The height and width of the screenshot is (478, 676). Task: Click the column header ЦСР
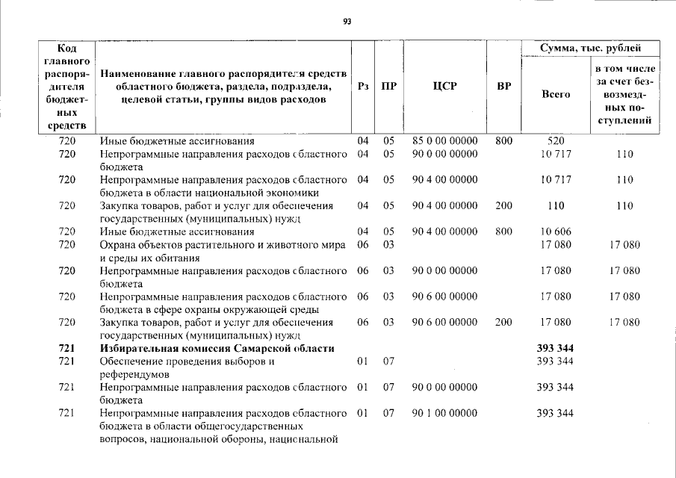tap(444, 86)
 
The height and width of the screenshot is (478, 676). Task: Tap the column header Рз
tap(363, 86)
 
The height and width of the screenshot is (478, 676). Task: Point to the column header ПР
tap(388, 86)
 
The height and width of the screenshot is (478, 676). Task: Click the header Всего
tap(555, 94)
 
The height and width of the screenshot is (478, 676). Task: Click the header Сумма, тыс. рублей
tap(590, 49)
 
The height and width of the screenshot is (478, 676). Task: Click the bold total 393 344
tap(555, 348)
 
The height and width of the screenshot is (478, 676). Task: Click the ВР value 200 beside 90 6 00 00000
tap(503, 323)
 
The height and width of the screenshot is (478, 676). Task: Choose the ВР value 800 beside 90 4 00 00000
tap(503, 232)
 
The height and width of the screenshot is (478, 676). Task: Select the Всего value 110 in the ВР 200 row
tap(555, 205)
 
